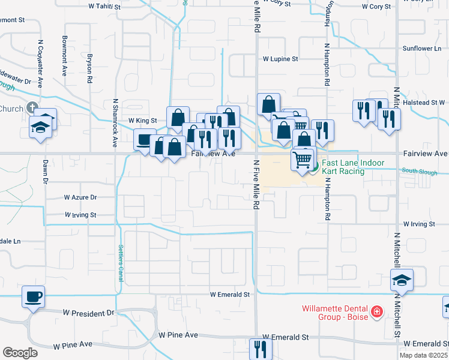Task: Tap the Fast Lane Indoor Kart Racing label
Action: pyautogui.click(x=343, y=167)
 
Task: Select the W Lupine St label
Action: pyautogui.click(x=280, y=59)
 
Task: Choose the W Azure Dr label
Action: pyautogui.click(x=80, y=197)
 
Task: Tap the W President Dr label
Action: pyautogui.click(x=89, y=313)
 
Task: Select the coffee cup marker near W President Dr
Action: pyautogui.click(x=34, y=296)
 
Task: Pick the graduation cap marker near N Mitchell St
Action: pyautogui.click(x=402, y=280)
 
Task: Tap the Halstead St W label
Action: pyautogui.click(x=424, y=103)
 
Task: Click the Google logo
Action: pyautogui.click(x=20, y=353)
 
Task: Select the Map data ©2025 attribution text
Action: pyautogui.click(x=424, y=355)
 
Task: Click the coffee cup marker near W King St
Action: pyautogui.click(x=145, y=140)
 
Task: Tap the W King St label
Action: pyautogui.click(x=143, y=120)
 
